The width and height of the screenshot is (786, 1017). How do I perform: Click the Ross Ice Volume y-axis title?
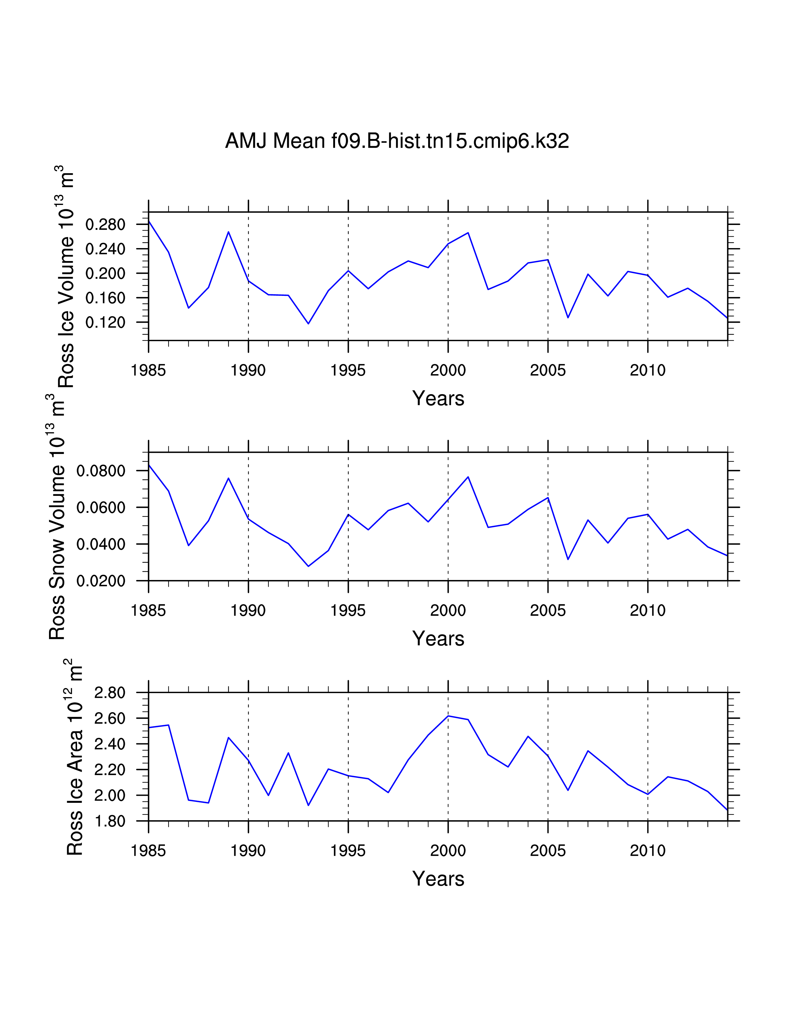tap(65, 277)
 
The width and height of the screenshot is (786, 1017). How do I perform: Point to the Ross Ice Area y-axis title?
tap(75, 757)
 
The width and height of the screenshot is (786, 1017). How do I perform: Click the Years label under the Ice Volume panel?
tap(438, 398)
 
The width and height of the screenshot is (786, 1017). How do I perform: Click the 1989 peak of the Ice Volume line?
tap(228, 231)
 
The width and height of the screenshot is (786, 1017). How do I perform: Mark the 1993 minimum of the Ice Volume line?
tap(308, 324)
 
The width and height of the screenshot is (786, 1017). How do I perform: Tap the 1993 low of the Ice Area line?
tap(308, 805)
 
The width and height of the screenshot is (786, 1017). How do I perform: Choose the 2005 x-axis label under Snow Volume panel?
tap(548, 611)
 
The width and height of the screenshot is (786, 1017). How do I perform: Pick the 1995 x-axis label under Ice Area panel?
tap(348, 851)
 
